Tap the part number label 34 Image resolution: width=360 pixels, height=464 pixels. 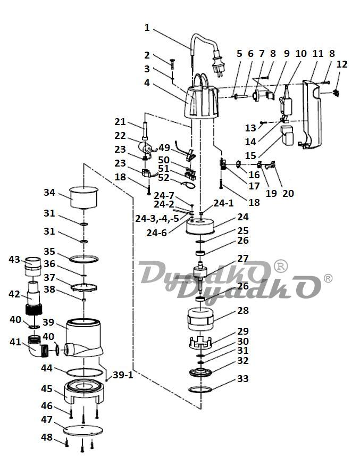click(x=49, y=192)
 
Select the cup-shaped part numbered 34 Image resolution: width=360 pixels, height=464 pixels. click(x=85, y=197)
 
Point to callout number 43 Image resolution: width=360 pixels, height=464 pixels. click(x=14, y=259)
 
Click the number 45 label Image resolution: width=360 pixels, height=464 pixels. click(x=47, y=389)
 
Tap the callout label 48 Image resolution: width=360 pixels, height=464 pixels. click(x=47, y=437)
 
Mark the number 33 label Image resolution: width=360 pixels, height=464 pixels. click(x=242, y=379)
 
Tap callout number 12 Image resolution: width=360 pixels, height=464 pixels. click(x=342, y=64)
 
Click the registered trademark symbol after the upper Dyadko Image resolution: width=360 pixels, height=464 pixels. click(x=280, y=264)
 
